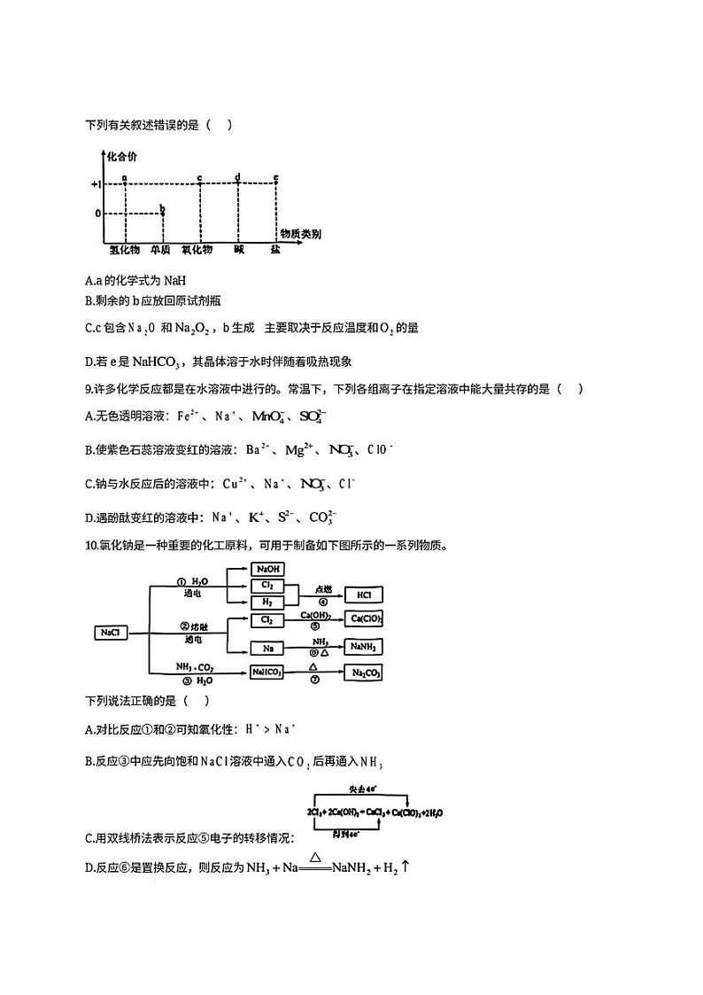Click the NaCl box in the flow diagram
pyautogui.click(x=110, y=633)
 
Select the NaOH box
pyautogui.click(x=267, y=570)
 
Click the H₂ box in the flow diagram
pyautogui.click(x=267, y=602)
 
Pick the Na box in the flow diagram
pyautogui.click(x=267, y=648)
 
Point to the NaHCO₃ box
pyautogui.click(x=267, y=672)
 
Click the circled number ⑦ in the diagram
pyautogui.click(x=313, y=680)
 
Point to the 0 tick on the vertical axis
pyautogui.click(x=98, y=214)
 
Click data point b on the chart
pyautogui.click(x=162, y=210)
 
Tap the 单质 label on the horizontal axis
pyautogui.click(x=160, y=250)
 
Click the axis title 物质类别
pyautogui.click(x=300, y=233)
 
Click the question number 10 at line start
pyautogui.click(x=89, y=545)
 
